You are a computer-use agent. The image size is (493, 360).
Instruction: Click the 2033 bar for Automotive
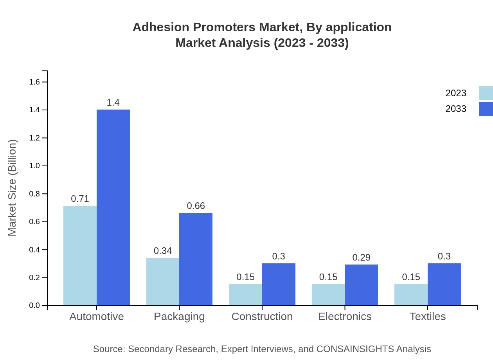tap(113, 207)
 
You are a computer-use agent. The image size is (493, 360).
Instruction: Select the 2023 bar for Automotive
tap(80, 256)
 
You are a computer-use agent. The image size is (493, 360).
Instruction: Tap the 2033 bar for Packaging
tap(196, 259)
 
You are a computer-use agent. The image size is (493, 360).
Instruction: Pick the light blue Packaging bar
tap(163, 281)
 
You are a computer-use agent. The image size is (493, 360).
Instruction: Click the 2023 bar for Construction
tap(245, 295)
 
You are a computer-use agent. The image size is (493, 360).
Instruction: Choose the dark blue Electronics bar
tap(361, 285)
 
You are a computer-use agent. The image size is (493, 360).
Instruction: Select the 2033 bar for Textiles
tap(444, 284)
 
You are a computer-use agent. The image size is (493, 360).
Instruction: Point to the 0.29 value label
tap(361, 257)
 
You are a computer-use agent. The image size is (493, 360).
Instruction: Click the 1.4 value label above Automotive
tap(113, 103)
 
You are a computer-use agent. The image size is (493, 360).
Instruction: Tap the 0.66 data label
tap(196, 206)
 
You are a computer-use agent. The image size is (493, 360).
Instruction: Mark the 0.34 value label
tap(163, 251)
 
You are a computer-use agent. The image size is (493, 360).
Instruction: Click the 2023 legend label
tap(455, 93)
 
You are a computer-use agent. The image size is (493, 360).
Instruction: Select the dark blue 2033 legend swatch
tap(486, 109)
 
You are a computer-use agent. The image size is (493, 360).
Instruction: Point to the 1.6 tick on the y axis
tap(35, 82)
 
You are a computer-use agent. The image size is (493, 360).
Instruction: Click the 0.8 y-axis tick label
tap(35, 194)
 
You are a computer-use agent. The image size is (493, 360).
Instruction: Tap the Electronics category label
tap(345, 316)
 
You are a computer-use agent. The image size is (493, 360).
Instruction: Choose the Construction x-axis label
tap(262, 316)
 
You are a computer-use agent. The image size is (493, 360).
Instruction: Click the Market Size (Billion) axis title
tap(13, 188)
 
